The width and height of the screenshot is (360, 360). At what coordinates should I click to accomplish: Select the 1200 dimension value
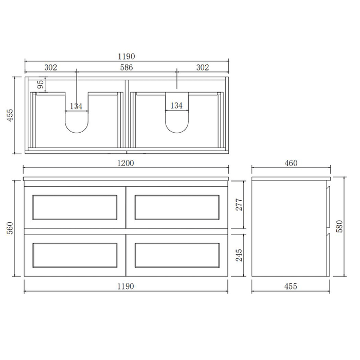(126, 163)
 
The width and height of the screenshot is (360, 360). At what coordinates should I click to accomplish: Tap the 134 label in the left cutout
(76, 106)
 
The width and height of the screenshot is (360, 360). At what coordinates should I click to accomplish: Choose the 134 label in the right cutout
(176, 106)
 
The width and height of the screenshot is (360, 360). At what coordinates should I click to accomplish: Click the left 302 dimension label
(50, 67)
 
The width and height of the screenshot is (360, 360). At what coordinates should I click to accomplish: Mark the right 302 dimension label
(203, 67)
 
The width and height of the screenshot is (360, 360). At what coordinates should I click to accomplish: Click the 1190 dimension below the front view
(126, 286)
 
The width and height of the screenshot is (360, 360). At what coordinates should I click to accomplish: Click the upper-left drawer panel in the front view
(75, 206)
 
